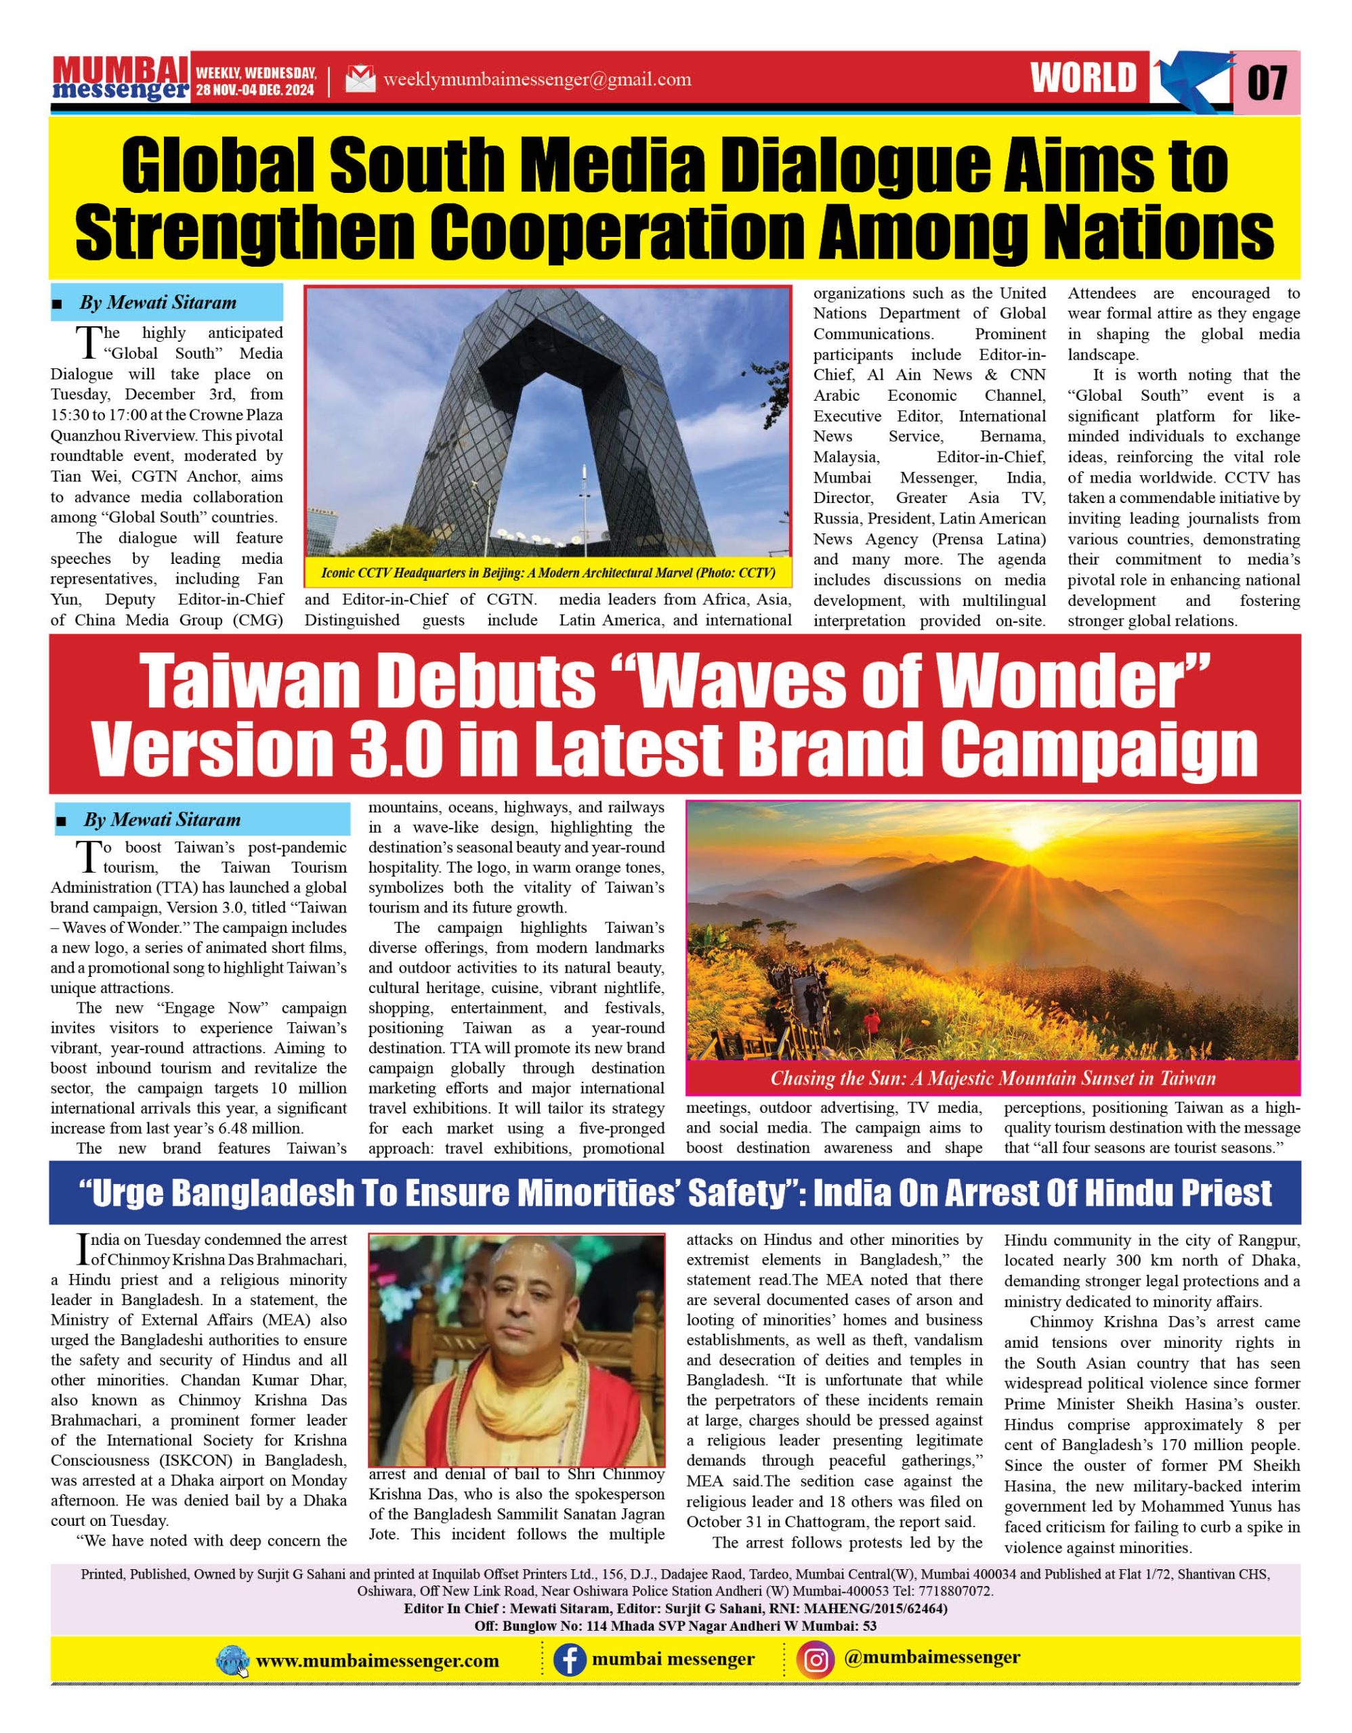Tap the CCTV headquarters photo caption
(x=548, y=573)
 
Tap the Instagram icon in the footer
(x=818, y=1660)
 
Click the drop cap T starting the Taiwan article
(x=87, y=856)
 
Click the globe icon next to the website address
(x=232, y=1661)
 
